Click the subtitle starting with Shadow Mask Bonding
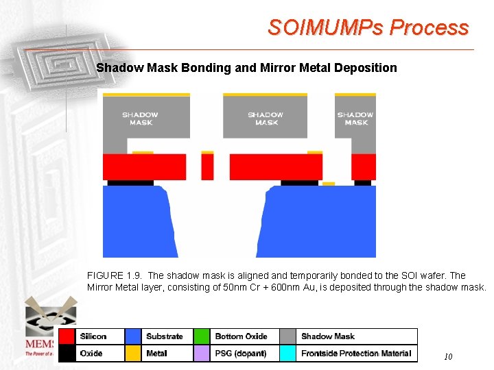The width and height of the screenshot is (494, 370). click(246, 68)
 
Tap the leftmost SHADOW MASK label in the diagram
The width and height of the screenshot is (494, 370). click(140, 119)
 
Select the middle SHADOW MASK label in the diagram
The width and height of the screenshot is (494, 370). click(266, 119)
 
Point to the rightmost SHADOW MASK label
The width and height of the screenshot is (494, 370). click(355, 119)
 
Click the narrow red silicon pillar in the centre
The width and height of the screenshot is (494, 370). click(207, 166)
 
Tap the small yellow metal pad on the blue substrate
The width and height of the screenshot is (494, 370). click(329, 184)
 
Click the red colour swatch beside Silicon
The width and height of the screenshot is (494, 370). click(67, 336)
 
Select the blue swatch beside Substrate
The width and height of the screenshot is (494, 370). click(134, 336)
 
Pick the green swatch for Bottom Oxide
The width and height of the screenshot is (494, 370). click(201, 336)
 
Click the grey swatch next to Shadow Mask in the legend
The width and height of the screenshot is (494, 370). click(288, 336)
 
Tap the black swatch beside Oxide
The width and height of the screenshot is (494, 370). click(67, 354)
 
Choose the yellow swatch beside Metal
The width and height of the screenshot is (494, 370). click(134, 354)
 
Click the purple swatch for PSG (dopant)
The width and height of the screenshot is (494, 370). click(201, 354)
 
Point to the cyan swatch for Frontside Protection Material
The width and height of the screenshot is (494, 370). click(288, 354)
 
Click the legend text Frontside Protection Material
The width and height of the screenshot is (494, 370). click(356, 354)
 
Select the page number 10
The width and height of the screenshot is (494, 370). click(448, 356)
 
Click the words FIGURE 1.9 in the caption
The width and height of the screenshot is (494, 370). click(110, 275)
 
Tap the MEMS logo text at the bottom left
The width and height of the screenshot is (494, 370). click(40, 343)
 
